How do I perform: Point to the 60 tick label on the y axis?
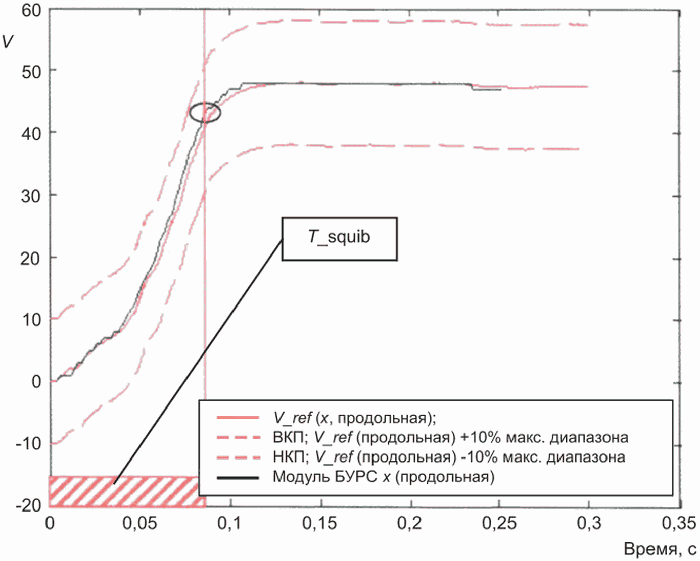pos(31,11)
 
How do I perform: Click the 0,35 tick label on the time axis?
pos(680,524)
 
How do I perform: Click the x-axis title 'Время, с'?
pos(660,549)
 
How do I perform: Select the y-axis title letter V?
pos(8,41)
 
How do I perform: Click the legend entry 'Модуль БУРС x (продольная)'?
pos(384,477)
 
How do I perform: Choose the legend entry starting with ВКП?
pos(450,438)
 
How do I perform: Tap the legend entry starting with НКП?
pos(449,457)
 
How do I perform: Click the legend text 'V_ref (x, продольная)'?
pos(354,418)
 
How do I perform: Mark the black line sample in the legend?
pos(238,478)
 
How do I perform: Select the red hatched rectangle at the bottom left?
pos(127,492)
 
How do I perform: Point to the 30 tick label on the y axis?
pos(31,196)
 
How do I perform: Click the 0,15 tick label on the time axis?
pos(319,524)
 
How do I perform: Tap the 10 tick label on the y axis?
pos(31,320)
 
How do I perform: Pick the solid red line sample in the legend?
pos(238,418)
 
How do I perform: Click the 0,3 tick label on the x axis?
pos(589,524)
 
